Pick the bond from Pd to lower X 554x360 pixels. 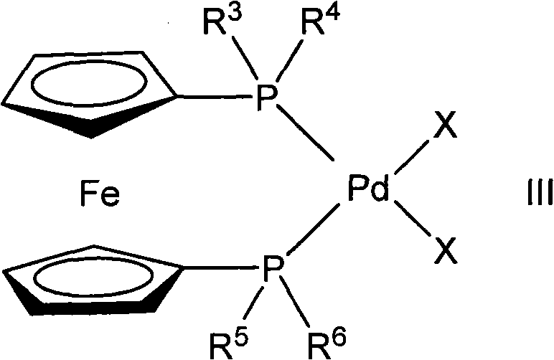[x=410, y=224]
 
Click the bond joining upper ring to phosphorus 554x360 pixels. [x=213, y=98]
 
